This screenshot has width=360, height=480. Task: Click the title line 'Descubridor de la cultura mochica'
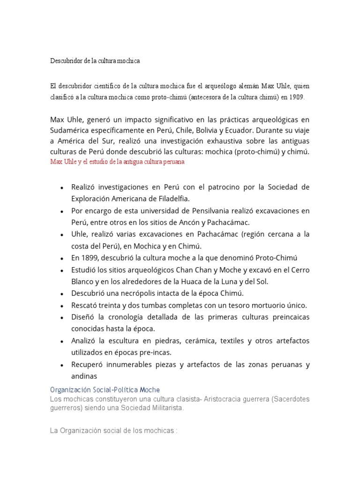coord(95,61)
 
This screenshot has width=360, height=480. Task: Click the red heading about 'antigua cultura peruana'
coord(117,162)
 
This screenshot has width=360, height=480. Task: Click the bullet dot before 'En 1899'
coord(62,258)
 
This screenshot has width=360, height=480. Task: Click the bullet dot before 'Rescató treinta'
coord(62,306)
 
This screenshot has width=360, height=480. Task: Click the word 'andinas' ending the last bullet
coord(84,376)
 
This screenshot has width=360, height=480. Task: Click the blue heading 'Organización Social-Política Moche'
coord(105,390)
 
